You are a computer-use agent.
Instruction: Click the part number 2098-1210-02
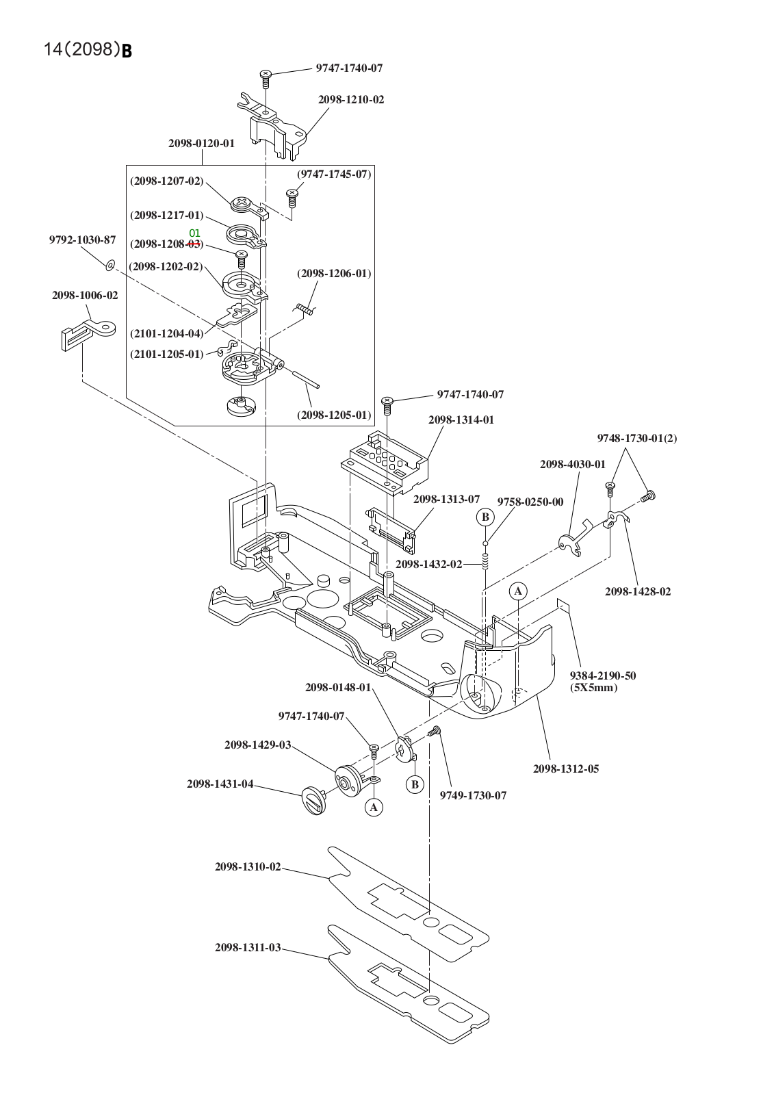(x=350, y=100)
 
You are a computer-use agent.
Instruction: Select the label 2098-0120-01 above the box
(x=201, y=144)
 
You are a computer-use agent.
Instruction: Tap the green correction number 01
(x=194, y=233)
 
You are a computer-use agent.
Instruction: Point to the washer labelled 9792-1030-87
(x=109, y=263)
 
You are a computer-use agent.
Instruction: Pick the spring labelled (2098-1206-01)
(x=306, y=310)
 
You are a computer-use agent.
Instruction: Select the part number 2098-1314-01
(x=461, y=420)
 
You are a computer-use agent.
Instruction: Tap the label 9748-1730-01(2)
(x=636, y=439)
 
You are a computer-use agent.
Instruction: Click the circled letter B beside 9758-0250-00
(x=485, y=517)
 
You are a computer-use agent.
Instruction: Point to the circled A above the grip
(x=518, y=591)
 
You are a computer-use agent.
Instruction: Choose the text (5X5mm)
(x=593, y=688)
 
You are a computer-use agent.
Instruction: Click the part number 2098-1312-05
(x=565, y=769)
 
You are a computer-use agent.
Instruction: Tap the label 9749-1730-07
(x=473, y=796)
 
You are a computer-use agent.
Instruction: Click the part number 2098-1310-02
(x=248, y=867)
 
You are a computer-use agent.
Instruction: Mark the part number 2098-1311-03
(x=248, y=948)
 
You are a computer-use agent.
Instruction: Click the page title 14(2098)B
(x=88, y=49)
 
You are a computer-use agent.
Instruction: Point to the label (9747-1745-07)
(x=334, y=175)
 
